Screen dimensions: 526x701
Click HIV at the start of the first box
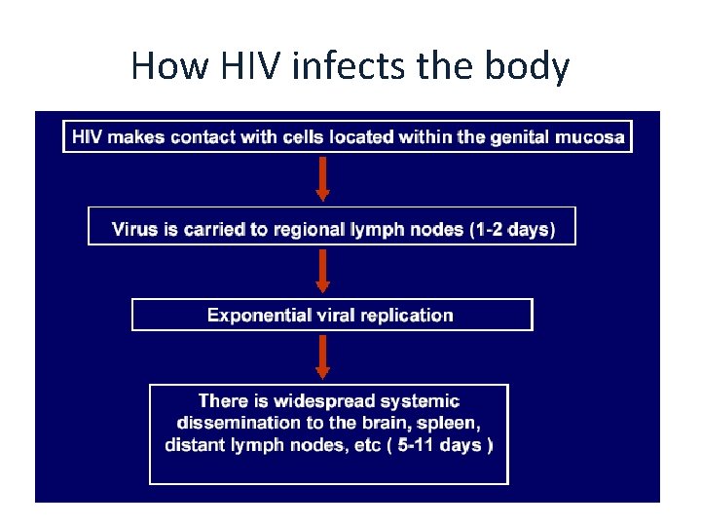pyautogui.click(x=87, y=136)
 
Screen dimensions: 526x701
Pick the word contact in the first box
pyautogui.click(x=203, y=136)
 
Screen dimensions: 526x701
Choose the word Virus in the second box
pyautogui.click(x=133, y=230)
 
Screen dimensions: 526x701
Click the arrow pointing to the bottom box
pyautogui.click(x=323, y=357)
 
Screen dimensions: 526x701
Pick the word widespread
pyautogui.click(x=320, y=400)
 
